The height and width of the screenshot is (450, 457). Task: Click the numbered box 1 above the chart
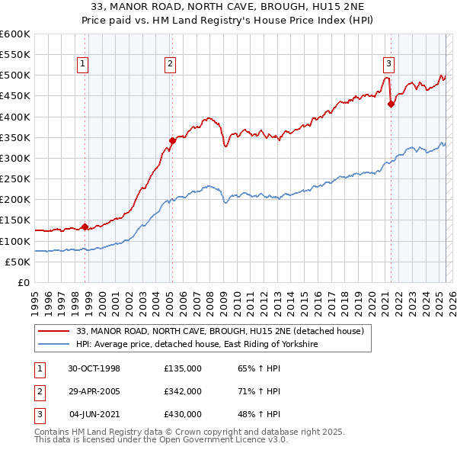coord(81,64)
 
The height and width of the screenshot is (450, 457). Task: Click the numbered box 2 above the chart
coord(170,64)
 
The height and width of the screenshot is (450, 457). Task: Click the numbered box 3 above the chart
coord(388,64)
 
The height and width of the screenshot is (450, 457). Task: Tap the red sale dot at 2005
coord(172,140)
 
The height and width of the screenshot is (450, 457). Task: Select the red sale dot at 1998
coord(85,226)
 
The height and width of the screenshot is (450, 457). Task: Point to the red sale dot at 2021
coord(391,104)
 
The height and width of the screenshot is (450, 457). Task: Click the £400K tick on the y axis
coord(14,117)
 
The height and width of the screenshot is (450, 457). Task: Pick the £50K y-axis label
coord(17,262)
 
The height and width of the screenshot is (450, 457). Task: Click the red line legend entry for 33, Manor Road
coord(220,331)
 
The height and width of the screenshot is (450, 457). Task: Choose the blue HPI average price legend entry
coord(197,345)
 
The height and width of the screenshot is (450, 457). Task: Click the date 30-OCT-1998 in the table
coord(94,368)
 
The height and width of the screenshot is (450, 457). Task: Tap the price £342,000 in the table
coord(183,391)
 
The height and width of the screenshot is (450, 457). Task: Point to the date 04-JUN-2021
coord(94,414)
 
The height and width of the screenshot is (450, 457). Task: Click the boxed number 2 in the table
coord(38,391)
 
